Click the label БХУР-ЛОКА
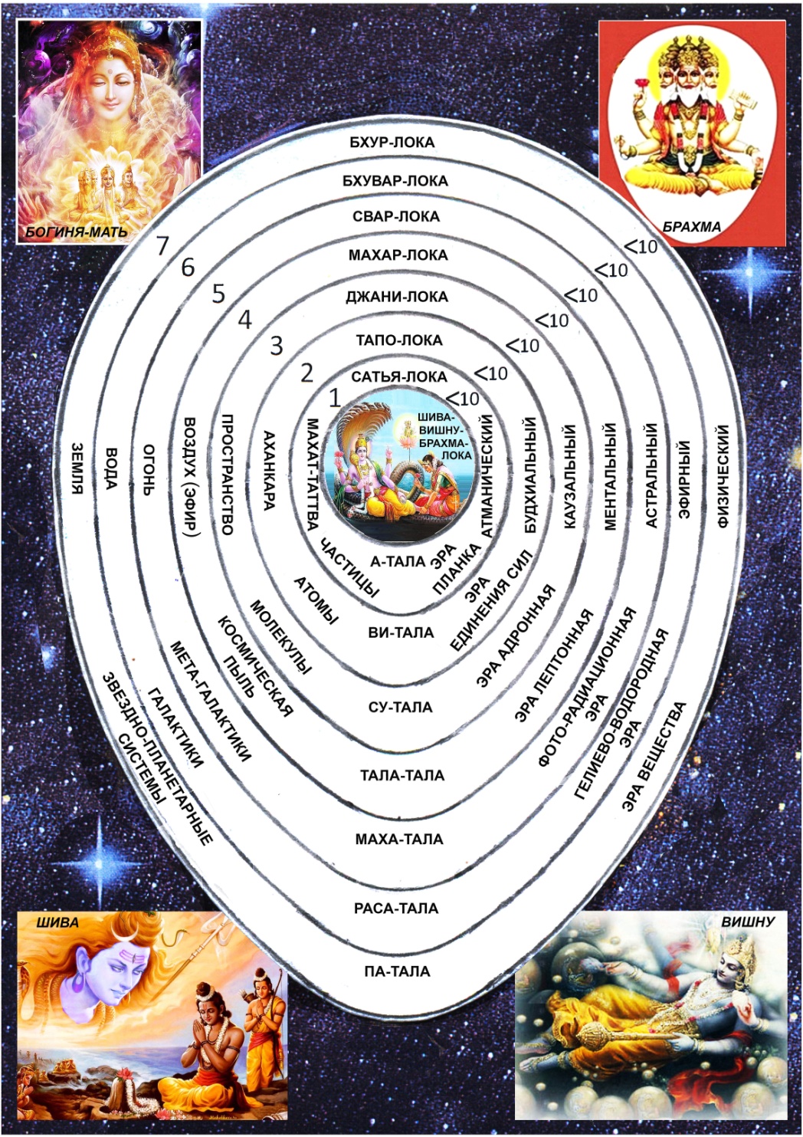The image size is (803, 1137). coord(392,143)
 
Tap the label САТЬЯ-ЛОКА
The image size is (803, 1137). coord(399,376)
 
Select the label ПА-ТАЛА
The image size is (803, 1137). coord(397,971)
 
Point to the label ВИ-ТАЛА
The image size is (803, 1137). coord(401,633)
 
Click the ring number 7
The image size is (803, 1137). coord(162,246)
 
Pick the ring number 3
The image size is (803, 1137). coord(276,346)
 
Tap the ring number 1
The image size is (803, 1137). coord(334,398)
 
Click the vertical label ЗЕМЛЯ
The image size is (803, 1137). coord(77,468)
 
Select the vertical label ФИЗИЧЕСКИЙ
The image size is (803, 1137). coord(723,476)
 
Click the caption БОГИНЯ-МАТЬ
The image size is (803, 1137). coord(77,232)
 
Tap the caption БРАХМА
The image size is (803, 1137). coord(692,227)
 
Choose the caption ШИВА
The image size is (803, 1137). coord(57,922)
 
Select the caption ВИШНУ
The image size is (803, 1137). coord(748,922)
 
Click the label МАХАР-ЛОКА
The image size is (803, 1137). coord(398,255)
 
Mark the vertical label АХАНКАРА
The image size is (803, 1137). coord(269,470)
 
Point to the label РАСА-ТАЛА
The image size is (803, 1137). coord(396,909)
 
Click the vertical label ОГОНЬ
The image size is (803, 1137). coord(149,469)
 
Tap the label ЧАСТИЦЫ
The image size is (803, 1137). coord(349,568)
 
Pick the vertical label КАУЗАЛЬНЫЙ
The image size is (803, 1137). coord(569,476)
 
